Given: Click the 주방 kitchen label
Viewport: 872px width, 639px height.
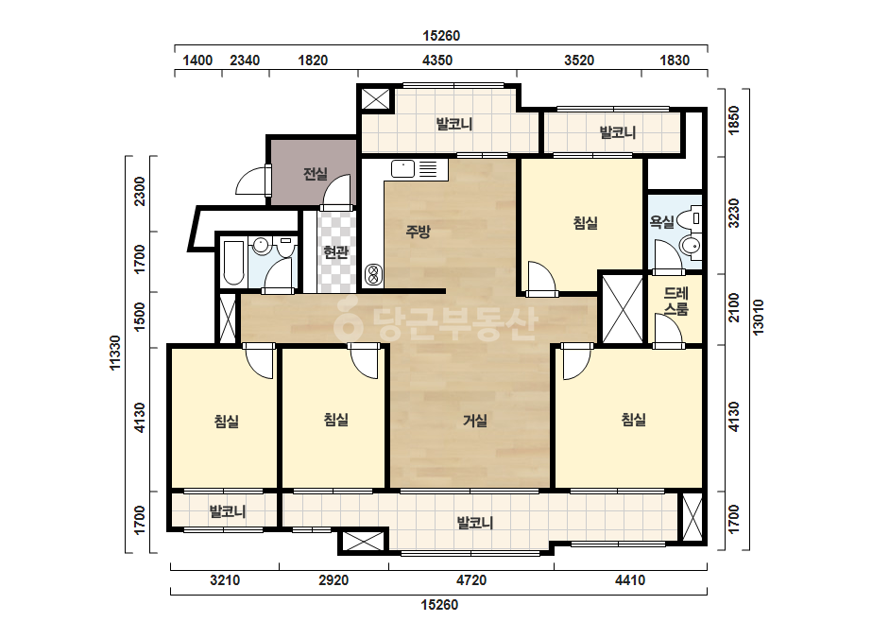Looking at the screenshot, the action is click(x=418, y=231).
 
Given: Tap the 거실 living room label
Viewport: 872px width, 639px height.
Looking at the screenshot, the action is click(x=475, y=421).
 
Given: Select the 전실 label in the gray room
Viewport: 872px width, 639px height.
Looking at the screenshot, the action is click(x=316, y=174).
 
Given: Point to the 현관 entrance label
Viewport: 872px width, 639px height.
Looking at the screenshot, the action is click(x=336, y=252).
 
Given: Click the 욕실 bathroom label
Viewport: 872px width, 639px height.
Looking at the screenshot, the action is click(x=661, y=221).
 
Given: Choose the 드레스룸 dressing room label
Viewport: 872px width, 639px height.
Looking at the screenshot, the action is click(x=676, y=301).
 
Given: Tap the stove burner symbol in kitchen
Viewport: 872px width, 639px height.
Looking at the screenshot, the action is click(x=372, y=275).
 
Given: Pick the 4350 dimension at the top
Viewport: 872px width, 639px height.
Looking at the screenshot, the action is click(x=437, y=60).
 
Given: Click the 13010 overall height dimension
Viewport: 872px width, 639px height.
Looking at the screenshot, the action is click(x=758, y=318).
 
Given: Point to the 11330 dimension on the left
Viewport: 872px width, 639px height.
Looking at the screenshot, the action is click(x=114, y=353).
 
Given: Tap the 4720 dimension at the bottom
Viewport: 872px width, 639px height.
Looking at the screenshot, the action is click(x=471, y=580).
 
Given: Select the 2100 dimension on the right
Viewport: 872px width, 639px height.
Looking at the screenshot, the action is click(x=734, y=307).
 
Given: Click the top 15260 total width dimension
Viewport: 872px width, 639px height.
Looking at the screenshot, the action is click(x=441, y=36).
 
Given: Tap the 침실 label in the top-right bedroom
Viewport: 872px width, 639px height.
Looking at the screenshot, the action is click(x=585, y=223).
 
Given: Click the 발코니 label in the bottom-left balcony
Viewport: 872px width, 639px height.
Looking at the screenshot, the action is click(x=227, y=511).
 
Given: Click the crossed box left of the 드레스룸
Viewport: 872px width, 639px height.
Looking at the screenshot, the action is click(x=623, y=308).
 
